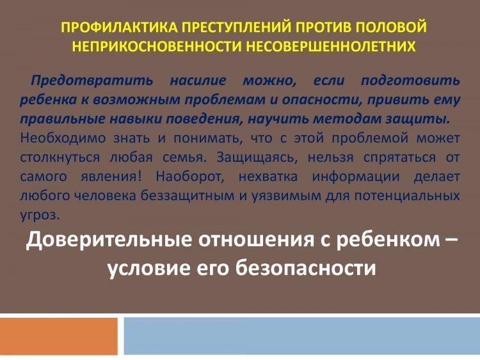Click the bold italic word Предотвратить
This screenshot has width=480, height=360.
[x=92, y=81]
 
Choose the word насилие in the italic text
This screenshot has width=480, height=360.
[x=198, y=81]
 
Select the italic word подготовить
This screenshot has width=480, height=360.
[x=410, y=81]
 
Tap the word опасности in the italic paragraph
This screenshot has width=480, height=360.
[x=320, y=100]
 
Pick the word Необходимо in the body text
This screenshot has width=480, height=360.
[x=63, y=138]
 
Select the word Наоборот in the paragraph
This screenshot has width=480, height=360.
[x=190, y=176]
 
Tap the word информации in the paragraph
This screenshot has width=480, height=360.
[x=356, y=176]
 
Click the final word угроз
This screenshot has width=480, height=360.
[x=40, y=215]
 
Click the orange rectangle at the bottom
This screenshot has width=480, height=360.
[x=59, y=336]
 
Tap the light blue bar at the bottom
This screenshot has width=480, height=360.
[x=302, y=336]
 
